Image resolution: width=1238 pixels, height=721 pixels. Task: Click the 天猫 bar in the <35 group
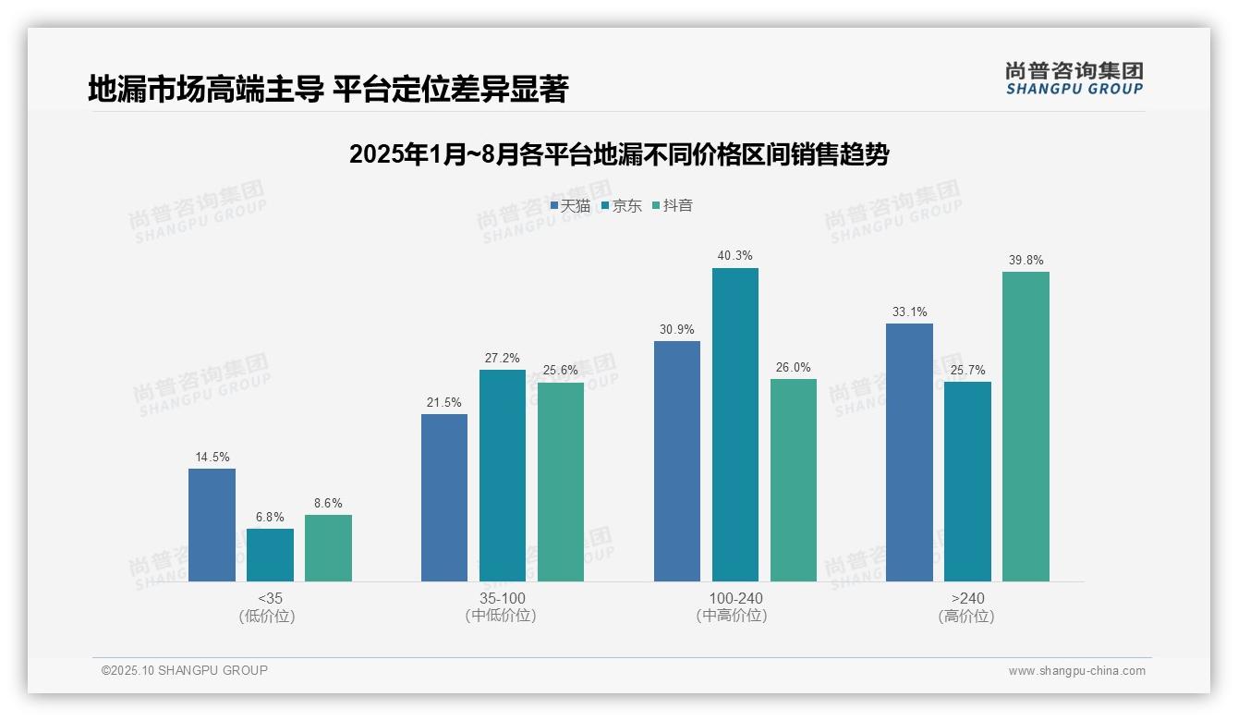pos(212,525)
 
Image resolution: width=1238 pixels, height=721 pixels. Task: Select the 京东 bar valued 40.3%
pos(734,424)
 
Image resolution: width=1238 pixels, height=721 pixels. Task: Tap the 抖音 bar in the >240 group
pos(1026,426)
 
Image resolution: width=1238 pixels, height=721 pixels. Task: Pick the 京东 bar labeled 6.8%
pos(270,555)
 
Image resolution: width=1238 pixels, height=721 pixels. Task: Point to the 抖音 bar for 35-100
pos(561,482)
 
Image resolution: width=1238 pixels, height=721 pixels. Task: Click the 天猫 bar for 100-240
pos(676,461)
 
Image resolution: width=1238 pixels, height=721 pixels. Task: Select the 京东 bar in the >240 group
pos(967,482)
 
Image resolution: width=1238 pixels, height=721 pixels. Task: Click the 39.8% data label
pos(1026,260)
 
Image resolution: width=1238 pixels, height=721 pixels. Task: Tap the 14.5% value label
pos(212,457)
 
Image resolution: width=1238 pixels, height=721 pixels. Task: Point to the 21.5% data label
pos(444,402)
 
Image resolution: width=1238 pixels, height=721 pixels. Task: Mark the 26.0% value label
pos(793,367)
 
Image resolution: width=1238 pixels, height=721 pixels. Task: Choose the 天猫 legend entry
pos(570,205)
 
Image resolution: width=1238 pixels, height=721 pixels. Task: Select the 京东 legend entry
pos(622,205)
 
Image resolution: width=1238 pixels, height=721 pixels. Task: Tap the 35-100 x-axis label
pos(502,598)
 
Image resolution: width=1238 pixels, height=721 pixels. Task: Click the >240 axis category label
pos(966,598)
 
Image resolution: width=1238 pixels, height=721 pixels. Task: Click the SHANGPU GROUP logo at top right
pos(1074,79)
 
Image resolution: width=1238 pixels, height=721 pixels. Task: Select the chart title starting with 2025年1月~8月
pos(618,154)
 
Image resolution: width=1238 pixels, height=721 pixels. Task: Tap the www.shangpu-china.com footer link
pos(1076,670)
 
